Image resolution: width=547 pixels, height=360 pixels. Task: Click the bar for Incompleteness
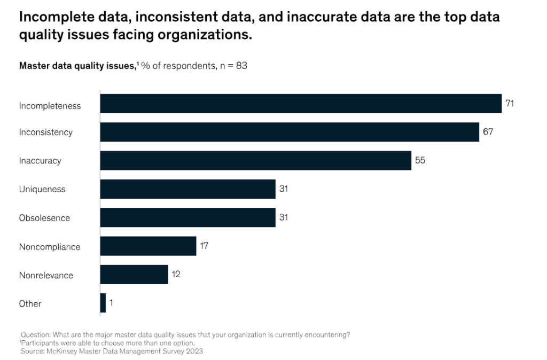click(x=301, y=104)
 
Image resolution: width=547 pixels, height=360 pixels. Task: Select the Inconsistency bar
click(x=290, y=132)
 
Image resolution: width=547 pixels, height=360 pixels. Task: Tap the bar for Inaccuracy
click(x=255, y=160)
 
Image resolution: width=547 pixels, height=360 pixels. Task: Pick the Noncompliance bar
click(x=148, y=246)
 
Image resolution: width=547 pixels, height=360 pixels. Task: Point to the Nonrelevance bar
click(x=134, y=275)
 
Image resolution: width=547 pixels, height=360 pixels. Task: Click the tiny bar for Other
click(x=103, y=303)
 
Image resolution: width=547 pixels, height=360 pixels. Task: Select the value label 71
click(x=510, y=104)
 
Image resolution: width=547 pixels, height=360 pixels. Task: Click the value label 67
click(x=488, y=132)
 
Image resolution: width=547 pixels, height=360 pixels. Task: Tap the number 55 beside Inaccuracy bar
click(x=420, y=160)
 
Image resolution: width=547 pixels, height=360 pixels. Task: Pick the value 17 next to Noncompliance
click(x=204, y=246)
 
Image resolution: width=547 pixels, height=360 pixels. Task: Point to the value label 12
click(x=176, y=275)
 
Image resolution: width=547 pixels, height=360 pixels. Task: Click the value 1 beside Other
click(x=111, y=303)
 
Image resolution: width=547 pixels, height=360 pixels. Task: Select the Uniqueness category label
click(x=42, y=189)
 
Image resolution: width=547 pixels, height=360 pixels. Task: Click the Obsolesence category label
click(x=44, y=218)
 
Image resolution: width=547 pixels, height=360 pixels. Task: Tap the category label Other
click(x=30, y=303)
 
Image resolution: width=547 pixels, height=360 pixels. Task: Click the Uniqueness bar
click(x=187, y=189)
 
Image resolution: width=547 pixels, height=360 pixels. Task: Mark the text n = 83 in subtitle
click(x=233, y=66)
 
